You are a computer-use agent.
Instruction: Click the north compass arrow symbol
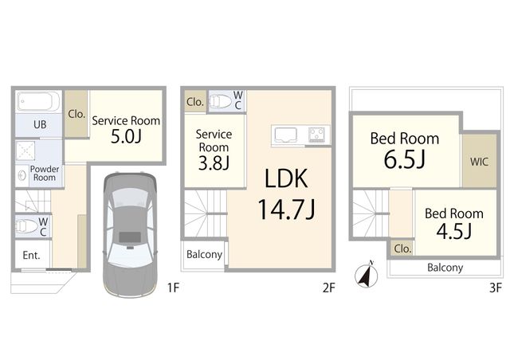367,274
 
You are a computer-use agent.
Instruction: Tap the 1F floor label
173,288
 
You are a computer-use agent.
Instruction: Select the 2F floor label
328,288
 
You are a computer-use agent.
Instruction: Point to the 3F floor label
496,288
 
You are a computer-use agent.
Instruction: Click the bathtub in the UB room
38,101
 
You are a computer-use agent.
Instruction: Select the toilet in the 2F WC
220,101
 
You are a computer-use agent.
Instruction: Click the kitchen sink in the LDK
285,135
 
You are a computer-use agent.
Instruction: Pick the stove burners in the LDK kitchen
317,135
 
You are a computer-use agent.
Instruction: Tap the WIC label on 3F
479,162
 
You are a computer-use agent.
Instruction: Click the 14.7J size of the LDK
286,209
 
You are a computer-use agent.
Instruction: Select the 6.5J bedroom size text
404,159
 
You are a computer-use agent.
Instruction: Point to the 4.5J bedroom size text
453,231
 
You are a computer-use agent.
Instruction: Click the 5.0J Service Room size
126,136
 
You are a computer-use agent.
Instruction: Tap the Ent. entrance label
31,256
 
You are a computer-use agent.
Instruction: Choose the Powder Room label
45,173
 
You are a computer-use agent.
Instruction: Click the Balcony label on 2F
204,254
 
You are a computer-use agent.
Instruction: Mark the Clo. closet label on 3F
402,248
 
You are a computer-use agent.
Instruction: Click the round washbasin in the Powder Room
22,175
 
